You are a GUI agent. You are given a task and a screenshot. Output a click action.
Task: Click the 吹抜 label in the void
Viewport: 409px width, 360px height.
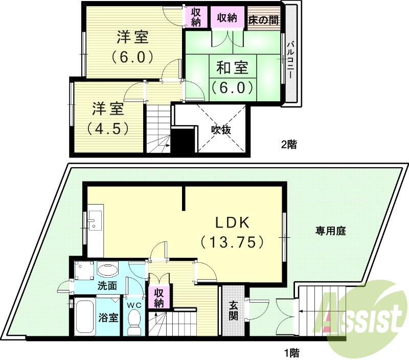click(x=221, y=130)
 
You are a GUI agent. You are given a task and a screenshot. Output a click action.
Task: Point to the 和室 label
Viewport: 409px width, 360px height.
click(x=232, y=67)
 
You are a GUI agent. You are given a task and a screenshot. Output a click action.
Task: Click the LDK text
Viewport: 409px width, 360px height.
click(x=232, y=223)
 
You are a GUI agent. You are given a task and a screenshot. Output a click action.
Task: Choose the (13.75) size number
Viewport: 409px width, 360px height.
click(x=232, y=241)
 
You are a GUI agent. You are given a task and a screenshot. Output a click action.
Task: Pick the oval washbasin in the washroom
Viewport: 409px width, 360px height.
click(x=107, y=269)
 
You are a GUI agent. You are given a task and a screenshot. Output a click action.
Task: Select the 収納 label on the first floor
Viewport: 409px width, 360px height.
click(x=159, y=298)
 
